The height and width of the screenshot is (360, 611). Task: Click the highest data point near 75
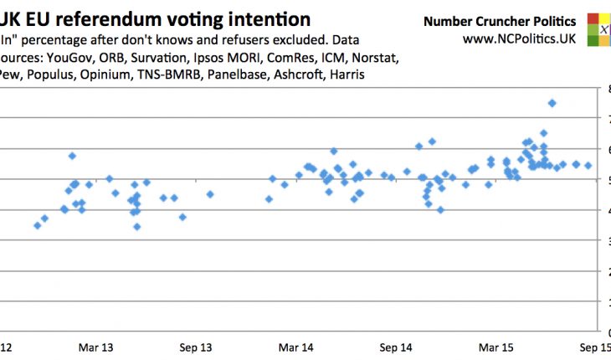point(552,103)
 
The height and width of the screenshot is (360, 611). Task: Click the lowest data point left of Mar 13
point(37,225)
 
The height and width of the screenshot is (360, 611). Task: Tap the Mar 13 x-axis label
point(97,347)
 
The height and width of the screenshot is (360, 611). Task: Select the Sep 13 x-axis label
point(196,347)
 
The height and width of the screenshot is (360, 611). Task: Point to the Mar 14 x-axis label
point(295,347)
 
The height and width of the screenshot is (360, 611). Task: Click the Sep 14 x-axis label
point(397,347)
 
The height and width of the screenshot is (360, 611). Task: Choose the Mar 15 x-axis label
point(496,347)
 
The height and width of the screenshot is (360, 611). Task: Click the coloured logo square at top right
point(599,28)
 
